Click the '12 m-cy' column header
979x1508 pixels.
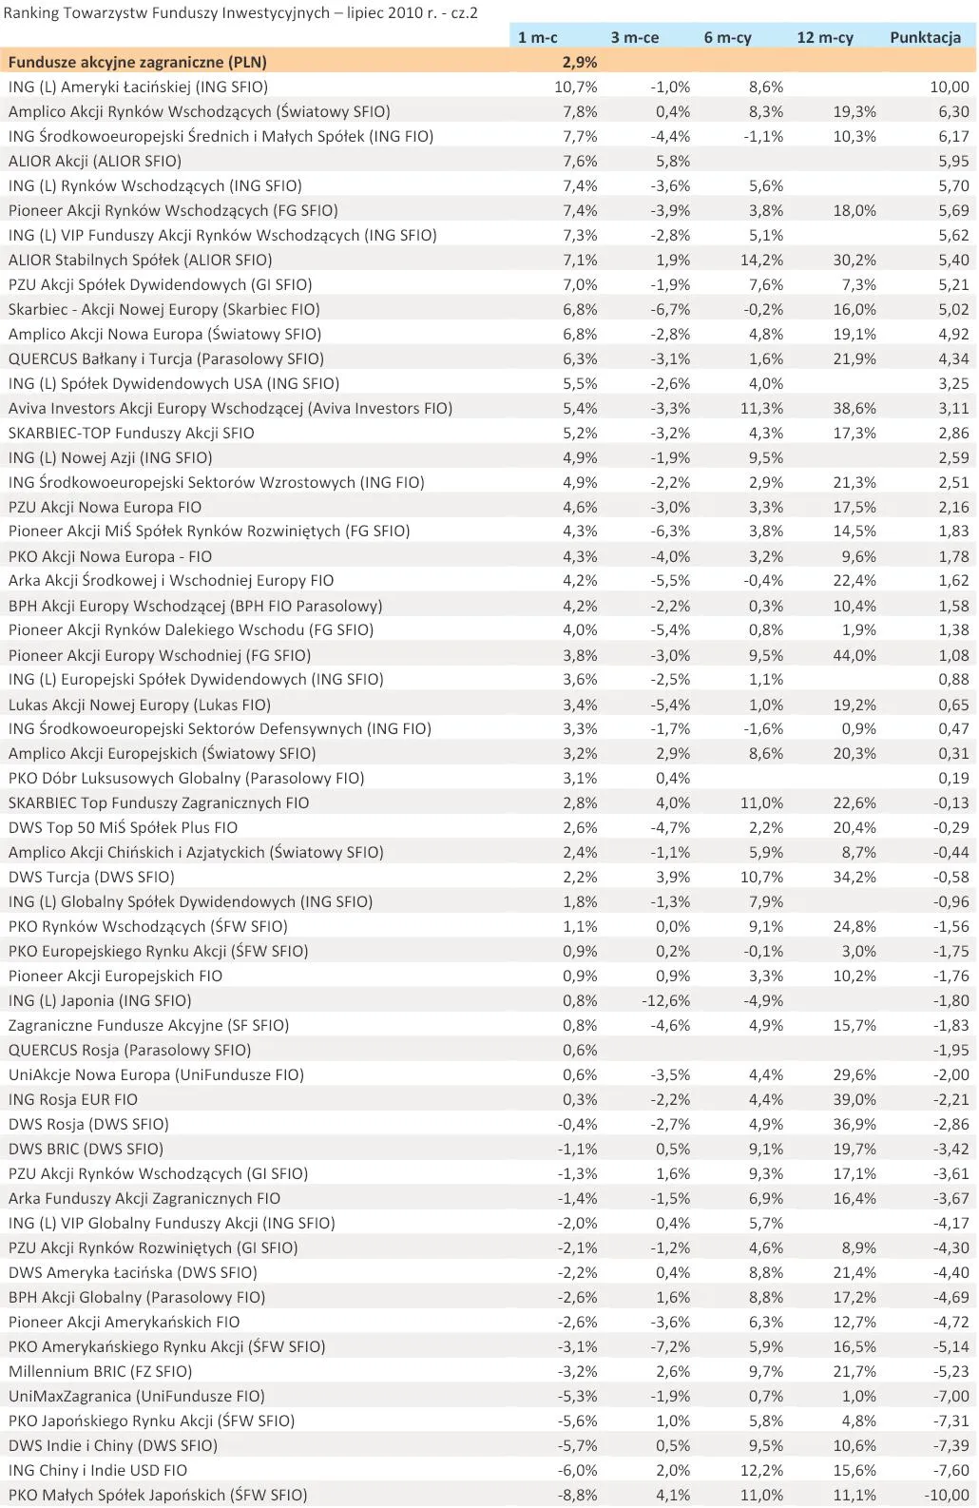coord(824,37)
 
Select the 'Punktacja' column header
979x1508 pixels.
coord(924,37)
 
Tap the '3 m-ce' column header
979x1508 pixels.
coord(634,37)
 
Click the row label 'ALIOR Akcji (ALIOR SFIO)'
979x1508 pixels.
coord(95,161)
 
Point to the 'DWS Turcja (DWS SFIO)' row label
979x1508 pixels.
coord(91,877)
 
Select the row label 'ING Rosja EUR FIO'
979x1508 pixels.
coord(73,1099)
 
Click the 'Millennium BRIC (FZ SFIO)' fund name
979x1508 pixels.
coord(100,1371)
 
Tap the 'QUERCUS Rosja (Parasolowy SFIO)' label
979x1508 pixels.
coord(129,1050)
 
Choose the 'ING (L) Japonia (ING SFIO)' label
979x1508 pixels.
coord(100,1000)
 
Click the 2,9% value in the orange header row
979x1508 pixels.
coord(580,62)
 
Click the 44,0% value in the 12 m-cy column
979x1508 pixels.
coord(854,655)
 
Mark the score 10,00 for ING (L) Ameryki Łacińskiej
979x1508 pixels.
coord(949,87)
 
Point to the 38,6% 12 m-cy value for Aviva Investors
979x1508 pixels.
coord(854,408)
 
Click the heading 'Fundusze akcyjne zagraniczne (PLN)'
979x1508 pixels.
coord(138,62)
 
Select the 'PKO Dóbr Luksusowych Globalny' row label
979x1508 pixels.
coord(186,778)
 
